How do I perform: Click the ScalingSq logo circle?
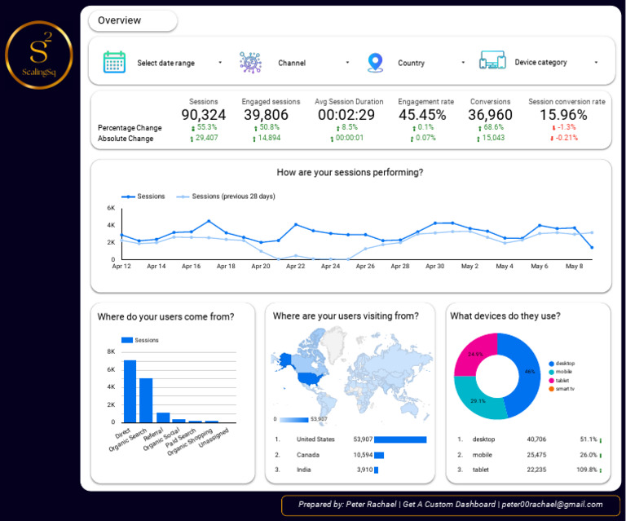point(39,55)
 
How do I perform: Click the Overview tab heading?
point(119,20)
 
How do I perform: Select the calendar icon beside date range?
point(114,62)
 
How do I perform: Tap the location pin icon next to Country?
point(375,62)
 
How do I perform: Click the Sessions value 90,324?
point(203,115)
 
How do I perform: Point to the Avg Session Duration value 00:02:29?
point(346,115)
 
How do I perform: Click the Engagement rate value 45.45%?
point(422,115)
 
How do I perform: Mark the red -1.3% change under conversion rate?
point(566,127)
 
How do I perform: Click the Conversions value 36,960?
point(491,115)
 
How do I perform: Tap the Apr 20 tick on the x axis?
point(261,266)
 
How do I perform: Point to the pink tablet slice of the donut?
point(476,355)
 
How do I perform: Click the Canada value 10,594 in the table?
point(363,455)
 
